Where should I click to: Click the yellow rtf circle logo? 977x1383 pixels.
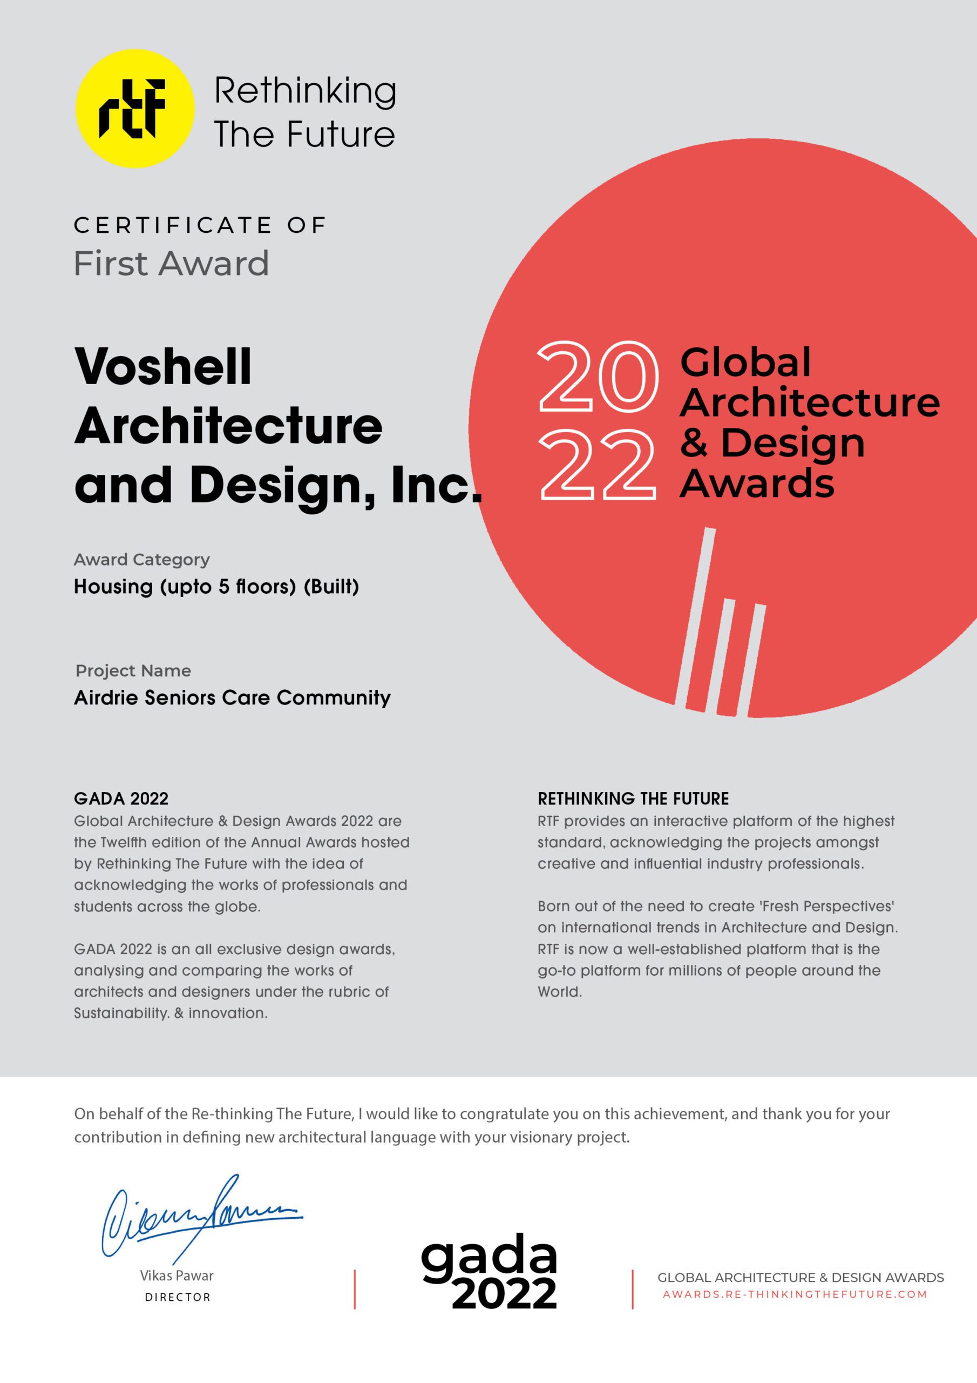(x=134, y=109)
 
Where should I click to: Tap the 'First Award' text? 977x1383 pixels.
(x=171, y=263)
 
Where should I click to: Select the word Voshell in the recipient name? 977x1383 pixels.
(x=163, y=367)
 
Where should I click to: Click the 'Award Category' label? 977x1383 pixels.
(x=142, y=560)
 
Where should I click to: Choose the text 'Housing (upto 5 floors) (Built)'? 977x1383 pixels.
(x=216, y=586)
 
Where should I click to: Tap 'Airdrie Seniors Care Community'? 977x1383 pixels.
(x=232, y=697)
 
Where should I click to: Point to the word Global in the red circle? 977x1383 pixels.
(x=745, y=362)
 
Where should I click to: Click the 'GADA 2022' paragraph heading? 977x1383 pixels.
(x=121, y=798)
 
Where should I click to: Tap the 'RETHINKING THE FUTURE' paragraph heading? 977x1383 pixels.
(x=633, y=798)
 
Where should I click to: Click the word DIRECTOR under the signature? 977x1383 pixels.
(x=178, y=1297)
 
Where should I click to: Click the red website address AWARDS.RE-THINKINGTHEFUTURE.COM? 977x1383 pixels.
(x=795, y=1294)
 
